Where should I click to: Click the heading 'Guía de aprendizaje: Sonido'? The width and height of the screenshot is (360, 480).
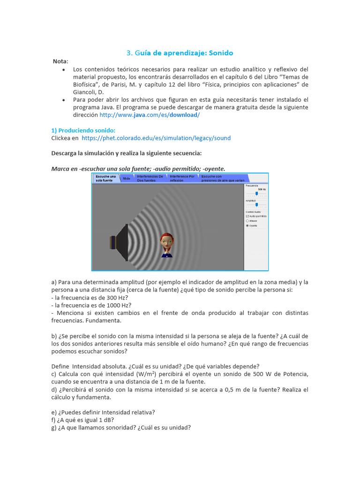(x=180, y=53)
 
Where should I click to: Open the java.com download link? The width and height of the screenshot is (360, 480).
(x=150, y=115)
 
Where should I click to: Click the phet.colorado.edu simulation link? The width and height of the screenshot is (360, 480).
(x=156, y=138)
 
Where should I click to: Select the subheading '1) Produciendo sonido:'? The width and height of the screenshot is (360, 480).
(x=83, y=130)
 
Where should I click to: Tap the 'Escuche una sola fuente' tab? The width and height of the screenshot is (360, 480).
(x=105, y=178)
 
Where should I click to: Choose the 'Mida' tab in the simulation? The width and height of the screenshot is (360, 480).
(x=127, y=179)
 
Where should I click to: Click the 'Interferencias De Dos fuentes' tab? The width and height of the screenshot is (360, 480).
(x=150, y=178)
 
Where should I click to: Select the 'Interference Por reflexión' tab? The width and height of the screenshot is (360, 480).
(x=182, y=178)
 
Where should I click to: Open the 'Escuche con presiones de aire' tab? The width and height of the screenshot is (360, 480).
(x=223, y=178)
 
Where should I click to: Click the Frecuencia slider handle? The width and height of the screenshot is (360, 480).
(x=256, y=193)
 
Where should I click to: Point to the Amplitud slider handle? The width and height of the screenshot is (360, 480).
(x=256, y=205)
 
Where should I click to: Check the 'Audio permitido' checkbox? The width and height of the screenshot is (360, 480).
(x=247, y=216)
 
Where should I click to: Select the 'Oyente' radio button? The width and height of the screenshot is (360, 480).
(x=247, y=225)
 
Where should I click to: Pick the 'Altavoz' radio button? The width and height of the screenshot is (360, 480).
(x=247, y=221)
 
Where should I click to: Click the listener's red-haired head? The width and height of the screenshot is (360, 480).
(x=166, y=240)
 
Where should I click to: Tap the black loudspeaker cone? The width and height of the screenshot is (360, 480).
(x=122, y=243)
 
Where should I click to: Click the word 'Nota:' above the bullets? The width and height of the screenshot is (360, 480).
(x=60, y=61)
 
